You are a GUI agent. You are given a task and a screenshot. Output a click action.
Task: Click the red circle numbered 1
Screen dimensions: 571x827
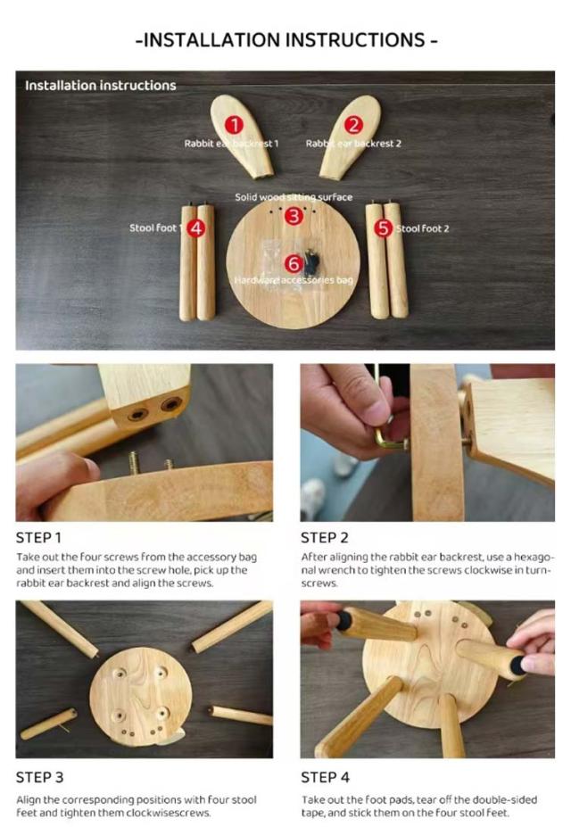(234, 125)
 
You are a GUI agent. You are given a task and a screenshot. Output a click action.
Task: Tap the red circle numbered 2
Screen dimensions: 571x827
(354, 125)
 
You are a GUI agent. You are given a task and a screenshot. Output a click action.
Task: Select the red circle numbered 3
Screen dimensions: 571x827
(294, 216)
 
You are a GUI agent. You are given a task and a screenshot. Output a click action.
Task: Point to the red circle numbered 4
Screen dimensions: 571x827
(196, 227)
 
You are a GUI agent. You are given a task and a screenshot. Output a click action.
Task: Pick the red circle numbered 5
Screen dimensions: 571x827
(384, 227)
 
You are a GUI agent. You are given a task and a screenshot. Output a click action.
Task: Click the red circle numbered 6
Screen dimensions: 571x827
(294, 264)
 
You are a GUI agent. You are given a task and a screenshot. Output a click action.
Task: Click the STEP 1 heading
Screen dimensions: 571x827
(38, 538)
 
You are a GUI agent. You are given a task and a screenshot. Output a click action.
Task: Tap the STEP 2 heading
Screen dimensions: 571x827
(325, 538)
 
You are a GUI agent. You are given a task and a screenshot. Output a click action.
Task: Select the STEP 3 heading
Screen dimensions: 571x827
(39, 777)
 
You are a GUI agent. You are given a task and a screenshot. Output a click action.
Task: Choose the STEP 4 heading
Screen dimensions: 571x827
(326, 777)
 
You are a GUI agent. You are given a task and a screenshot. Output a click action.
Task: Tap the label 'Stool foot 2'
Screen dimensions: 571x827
(423, 228)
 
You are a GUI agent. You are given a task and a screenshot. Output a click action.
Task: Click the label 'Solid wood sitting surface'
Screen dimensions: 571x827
(294, 197)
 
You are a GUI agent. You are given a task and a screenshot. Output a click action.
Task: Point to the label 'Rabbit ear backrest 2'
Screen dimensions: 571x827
(353, 144)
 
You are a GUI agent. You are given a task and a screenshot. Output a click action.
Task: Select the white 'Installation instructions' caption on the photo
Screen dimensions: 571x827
(100, 86)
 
